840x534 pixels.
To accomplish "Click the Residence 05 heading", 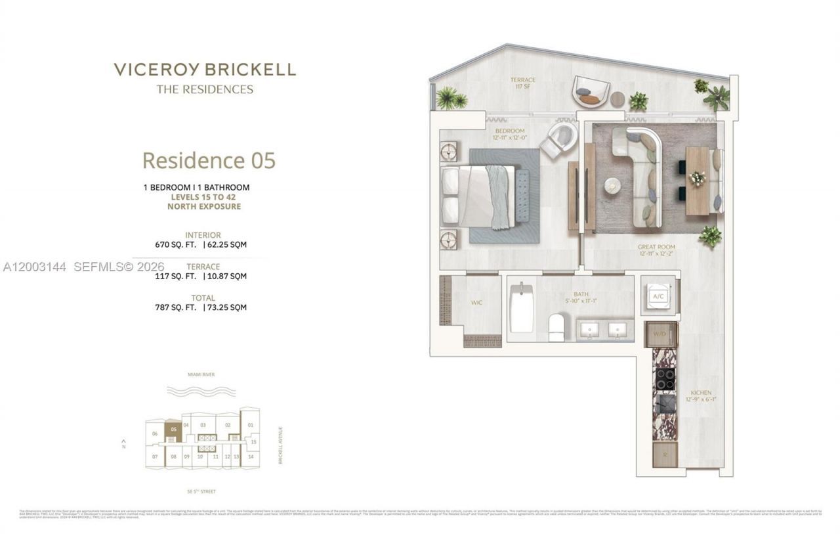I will coord(209,160).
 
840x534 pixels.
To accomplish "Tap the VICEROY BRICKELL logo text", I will coord(205,70).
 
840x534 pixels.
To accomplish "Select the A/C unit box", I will coord(659,296).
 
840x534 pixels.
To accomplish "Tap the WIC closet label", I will coord(477,303).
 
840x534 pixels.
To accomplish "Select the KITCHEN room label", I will coord(700,393).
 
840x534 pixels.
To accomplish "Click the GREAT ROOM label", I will coord(656,247).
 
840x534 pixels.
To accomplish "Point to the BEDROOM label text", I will coord(511,131).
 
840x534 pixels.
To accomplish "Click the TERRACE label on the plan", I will coord(523,80).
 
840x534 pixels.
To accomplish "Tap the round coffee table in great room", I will coord(612,186).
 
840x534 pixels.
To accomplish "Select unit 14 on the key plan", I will coord(250,456).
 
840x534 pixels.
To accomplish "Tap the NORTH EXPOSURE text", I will coord(204,206).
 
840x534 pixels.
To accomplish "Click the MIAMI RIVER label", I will coord(200,374).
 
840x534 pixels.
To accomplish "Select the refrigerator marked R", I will coord(664,454).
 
